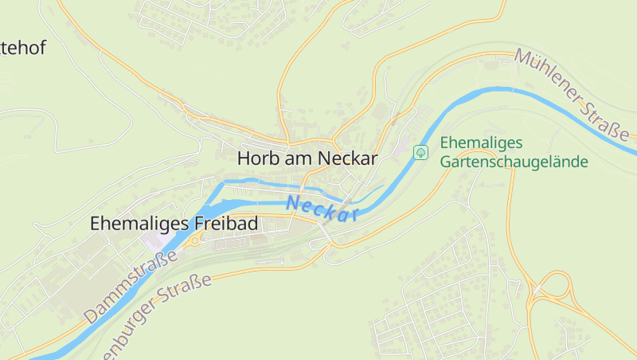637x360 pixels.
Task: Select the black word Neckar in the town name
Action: click(x=347, y=158)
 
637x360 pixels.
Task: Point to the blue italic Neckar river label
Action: click(x=322, y=209)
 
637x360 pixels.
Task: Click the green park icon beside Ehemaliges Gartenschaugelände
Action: click(x=420, y=151)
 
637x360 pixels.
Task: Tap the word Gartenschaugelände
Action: click(x=514, y=162)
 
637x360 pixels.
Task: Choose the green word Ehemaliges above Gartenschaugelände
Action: click(x=480, y=143)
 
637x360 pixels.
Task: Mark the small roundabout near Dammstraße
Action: click(x=194, y=239)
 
